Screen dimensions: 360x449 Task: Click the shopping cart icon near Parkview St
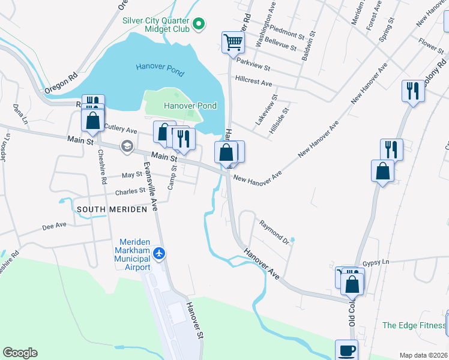point(233,42)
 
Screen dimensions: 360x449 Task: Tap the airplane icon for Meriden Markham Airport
point(159,253)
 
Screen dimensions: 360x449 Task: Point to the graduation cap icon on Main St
point(127,146)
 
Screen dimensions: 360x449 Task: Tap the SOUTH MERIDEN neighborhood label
point(112,209)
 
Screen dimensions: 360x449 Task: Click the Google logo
point(20,353)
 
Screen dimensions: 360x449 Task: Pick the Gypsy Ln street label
point(376,263)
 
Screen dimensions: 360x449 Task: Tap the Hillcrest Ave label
point(254,79)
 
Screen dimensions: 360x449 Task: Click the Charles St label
point(130,192)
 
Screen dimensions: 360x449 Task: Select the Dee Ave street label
point(54,226)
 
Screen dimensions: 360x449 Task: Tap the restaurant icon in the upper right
point(412,91)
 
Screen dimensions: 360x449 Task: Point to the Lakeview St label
point(265,109)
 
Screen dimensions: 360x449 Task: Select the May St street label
point(131,175)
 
